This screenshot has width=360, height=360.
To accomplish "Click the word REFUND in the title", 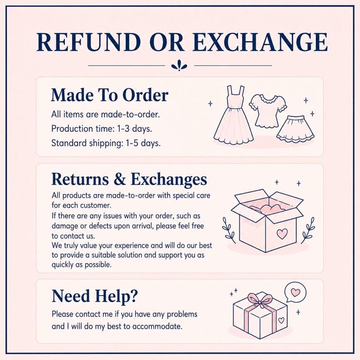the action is pos(88,42).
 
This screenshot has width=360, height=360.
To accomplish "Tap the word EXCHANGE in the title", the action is pos(260,42).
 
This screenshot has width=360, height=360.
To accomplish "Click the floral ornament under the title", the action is pos(179,66).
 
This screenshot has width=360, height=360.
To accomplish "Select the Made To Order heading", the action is pos(110,95).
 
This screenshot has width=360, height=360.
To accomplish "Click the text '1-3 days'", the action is pos(134,129).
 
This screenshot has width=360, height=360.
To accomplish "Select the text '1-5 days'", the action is pos(143,143).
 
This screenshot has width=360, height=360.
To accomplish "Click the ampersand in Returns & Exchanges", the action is pos(120,179).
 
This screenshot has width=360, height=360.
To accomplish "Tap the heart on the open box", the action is pos(282,234).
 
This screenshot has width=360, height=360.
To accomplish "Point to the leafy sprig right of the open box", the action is pos(308,230).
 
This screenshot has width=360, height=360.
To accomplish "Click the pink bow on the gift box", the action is pos(259,300).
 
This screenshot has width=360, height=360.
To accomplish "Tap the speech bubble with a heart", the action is pos(295,292).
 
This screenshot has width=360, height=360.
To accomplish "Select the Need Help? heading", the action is pos(94,296).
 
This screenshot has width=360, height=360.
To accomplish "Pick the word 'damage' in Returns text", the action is pos(65,226).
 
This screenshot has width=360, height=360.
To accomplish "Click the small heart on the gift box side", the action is pos(281,320).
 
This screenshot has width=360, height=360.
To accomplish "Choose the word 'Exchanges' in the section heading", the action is pos(169,180).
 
